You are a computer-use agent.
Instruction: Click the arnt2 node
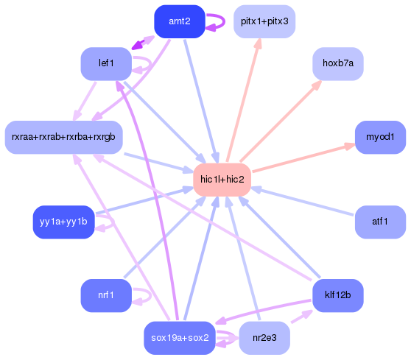pos(179,21)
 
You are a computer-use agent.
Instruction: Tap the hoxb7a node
pos(338,63)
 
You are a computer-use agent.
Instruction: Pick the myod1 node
pos(380,137)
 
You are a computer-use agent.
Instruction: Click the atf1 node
pos(380,222)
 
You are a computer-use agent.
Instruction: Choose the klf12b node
pos(338,295)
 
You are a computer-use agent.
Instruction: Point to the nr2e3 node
pos(264,338)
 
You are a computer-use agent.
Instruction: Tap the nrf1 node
pos(106,295)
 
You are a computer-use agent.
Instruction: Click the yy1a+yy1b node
pos(63,222)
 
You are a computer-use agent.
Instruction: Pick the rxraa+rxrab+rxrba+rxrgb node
pos(63,137)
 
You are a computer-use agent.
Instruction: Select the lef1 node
pos(106,63)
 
